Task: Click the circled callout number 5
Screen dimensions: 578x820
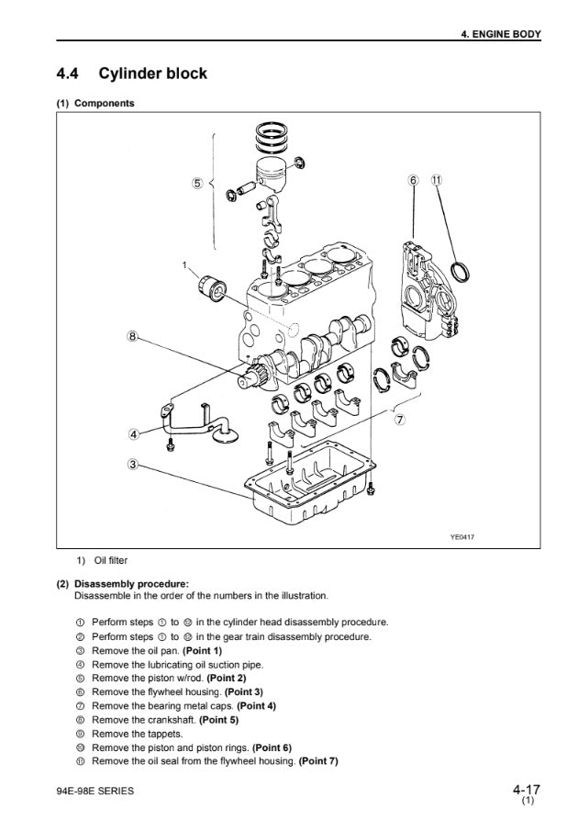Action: pyautogui.click(x=197, y=183)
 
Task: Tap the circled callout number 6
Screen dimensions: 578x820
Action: pyautogui.click(x=414, y=180)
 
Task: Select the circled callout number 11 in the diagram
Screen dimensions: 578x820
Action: pyautogui.click(x=436, y=180)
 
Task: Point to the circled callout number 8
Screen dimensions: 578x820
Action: pyautogui.click(x=133, y=336)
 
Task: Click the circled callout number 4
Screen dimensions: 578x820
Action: pyautogui.click(x=133, y=433)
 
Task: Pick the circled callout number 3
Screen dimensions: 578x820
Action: pyautogui.click(x=133, y=464)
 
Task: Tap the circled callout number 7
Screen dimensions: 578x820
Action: pyautogui.click(x=400, y=420)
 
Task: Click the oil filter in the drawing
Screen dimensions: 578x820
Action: pyautogui.click(x=212, y=288)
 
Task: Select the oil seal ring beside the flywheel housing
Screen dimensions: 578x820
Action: pyautogui.click(x=461, y=271)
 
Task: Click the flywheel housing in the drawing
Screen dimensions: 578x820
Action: pyautogui.click(x=429, y=292)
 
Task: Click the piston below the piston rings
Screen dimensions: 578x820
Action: pyautogui.click(x=271, y=174)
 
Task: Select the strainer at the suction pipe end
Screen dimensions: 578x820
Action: pyautogui.click(x=227, y=433)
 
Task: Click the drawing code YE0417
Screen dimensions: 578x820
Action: pyautogui.click(x=462, y=536)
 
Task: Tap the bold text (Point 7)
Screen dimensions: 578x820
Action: pyautogui.click(x=318, y=761)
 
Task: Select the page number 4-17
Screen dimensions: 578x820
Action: pyautogui.click(x=527, y=790)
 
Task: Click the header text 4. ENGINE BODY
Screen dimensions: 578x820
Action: pyautogui.click(x=501, y=35)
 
